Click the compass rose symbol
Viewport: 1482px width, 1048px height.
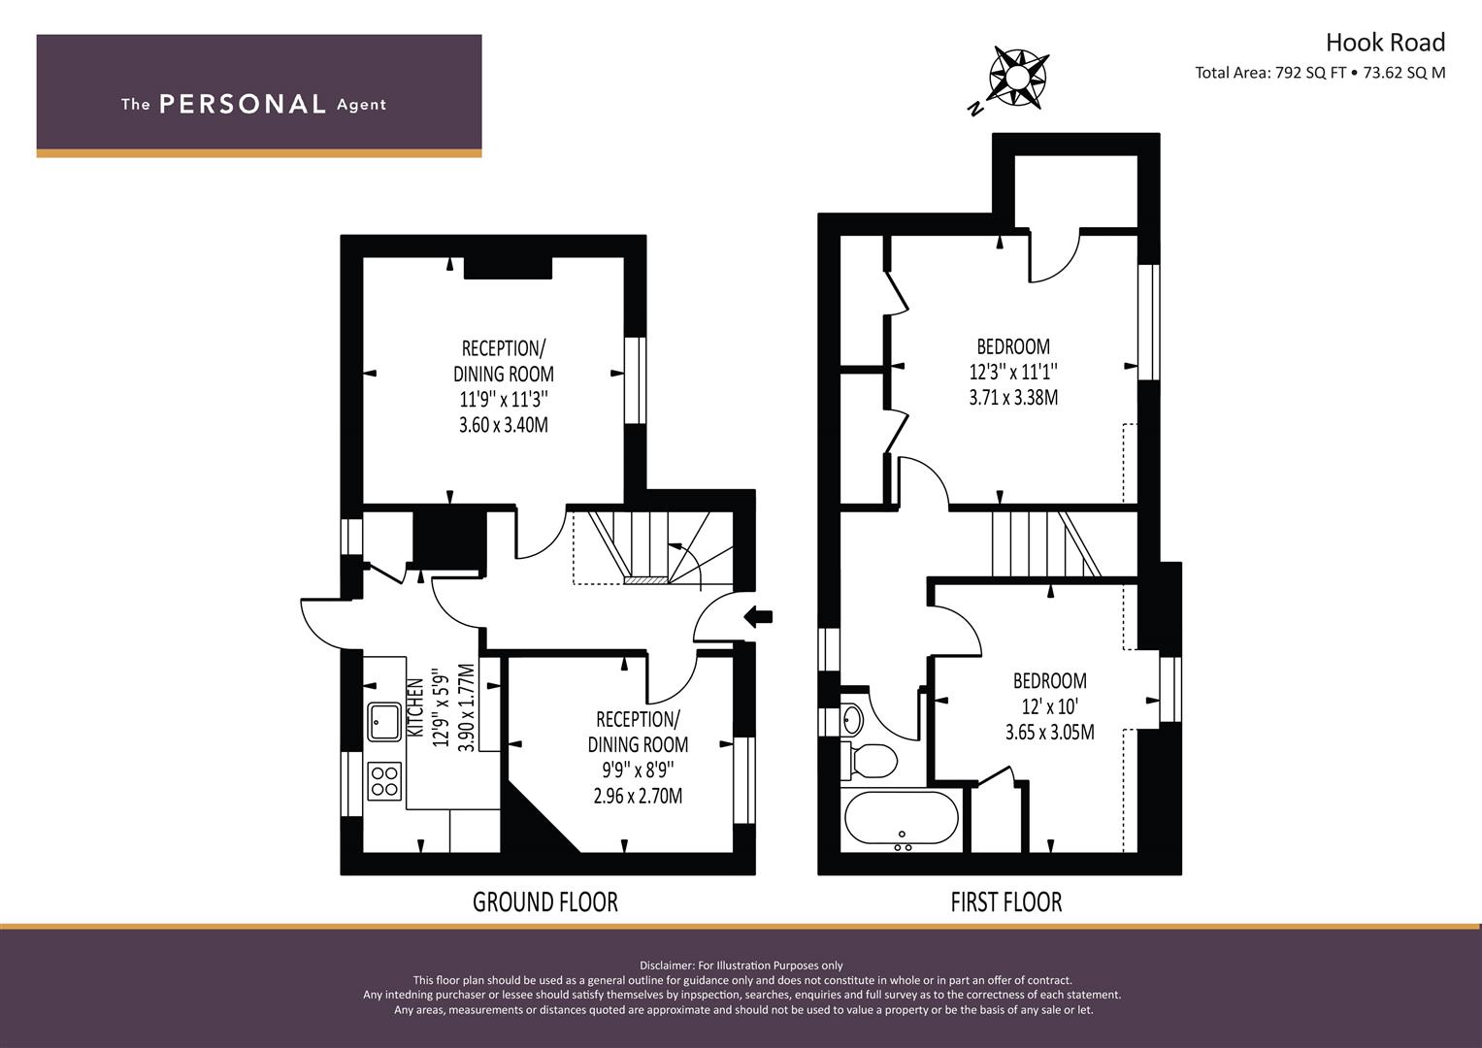pos(1018,78)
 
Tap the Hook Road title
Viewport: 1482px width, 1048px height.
pos(1385,43)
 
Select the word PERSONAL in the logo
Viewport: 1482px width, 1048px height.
pos(243,104)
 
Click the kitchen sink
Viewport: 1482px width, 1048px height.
pos(384,722)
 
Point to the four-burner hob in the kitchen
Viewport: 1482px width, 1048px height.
pos(384,781)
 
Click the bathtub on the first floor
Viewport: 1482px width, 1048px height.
pos(901,819)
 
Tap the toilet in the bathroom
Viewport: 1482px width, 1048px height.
pos(868,760)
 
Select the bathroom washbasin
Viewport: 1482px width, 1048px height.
pos(852,720)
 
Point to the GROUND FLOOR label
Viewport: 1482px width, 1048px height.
pos(545,901)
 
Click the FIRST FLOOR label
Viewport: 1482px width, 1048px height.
pos(1006,901)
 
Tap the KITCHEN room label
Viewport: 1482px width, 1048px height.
pos(415,707)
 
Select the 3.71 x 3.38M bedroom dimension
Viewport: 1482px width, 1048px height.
pos(1013,398)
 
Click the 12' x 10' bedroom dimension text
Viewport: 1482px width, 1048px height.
pos(1050,706)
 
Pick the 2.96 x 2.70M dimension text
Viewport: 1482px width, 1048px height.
pos(638,796)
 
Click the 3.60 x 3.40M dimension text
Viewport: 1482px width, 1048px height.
pos(504,425)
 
